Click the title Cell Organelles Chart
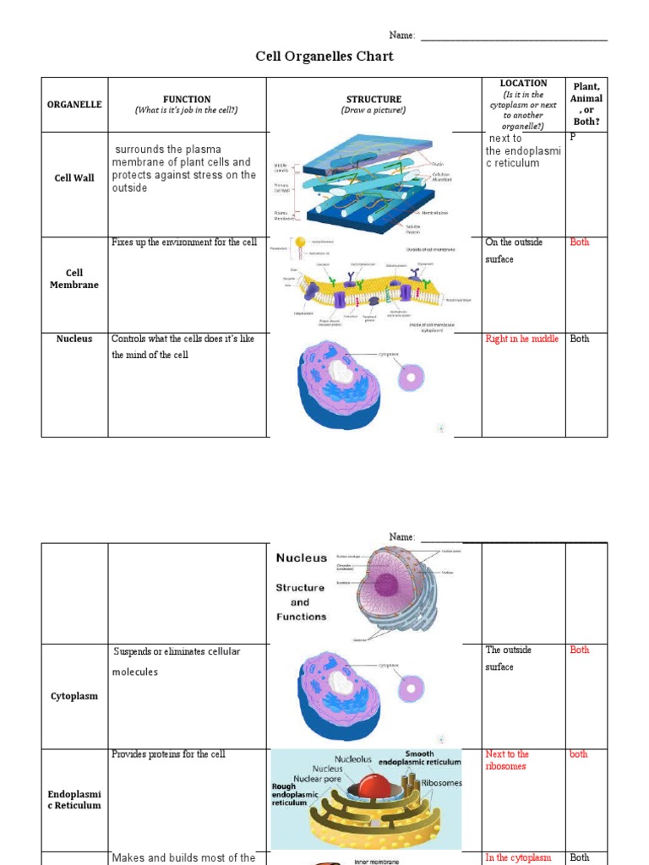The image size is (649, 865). coord(324,57)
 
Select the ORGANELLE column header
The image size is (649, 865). coord(74,105)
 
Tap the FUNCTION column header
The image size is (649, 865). coord(187,99)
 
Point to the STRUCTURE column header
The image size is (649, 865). coord(374,100)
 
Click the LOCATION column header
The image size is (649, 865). coord(523,84)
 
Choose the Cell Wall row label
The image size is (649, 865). coord(74,178)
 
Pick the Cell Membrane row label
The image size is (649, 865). coord(74,279)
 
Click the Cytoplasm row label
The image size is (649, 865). coord(74,696)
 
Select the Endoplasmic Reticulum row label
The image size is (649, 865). coord(74,800)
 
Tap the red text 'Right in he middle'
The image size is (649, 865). coord(521,339)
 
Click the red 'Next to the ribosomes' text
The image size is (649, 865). coord(507,760)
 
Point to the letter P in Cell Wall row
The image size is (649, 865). coord(573,136)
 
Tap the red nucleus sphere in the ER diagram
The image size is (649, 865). coord(374,786)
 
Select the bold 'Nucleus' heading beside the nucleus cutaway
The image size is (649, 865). coord(301,558)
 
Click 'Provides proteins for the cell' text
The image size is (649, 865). coord(168,754)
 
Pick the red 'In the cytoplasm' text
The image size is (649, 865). coord(518,857)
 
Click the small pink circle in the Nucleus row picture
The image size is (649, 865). coord(411,377)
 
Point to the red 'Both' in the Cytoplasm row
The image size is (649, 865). coord(580,650)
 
